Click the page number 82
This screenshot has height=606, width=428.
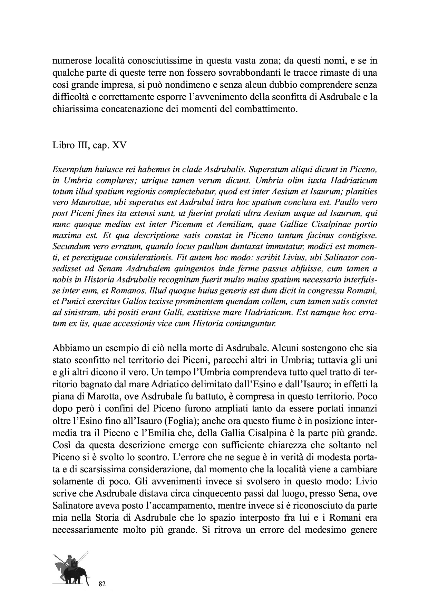[x=102, y=584]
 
